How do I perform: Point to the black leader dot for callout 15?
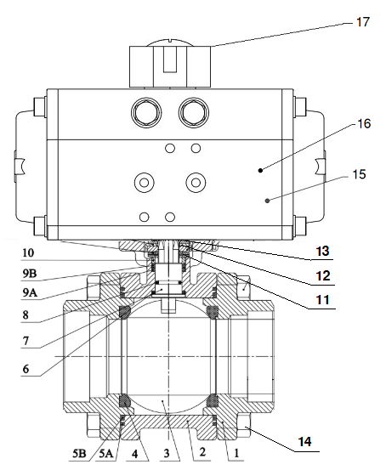[x=266, y=201]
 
